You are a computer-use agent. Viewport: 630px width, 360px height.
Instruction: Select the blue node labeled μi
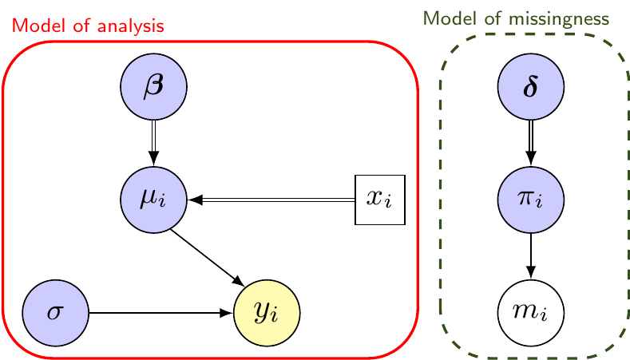tap(153, 199)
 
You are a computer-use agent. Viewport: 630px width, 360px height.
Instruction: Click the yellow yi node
tap(266, 312)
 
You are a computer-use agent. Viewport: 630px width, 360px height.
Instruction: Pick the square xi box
tap(380, 199)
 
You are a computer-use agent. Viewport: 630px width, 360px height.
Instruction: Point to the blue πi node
tap(531, 199)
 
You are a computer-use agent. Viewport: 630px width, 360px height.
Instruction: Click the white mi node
tap(531, 312)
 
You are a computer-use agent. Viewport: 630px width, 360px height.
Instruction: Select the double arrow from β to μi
tap(153, 142)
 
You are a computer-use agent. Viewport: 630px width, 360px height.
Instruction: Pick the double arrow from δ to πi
tap(531, 142)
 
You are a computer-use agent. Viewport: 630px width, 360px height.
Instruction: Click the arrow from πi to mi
tap(531, 255)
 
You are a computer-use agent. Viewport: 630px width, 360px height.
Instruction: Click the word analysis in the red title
tap(136, 26)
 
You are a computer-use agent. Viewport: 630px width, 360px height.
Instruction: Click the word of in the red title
tap(77, 26)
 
